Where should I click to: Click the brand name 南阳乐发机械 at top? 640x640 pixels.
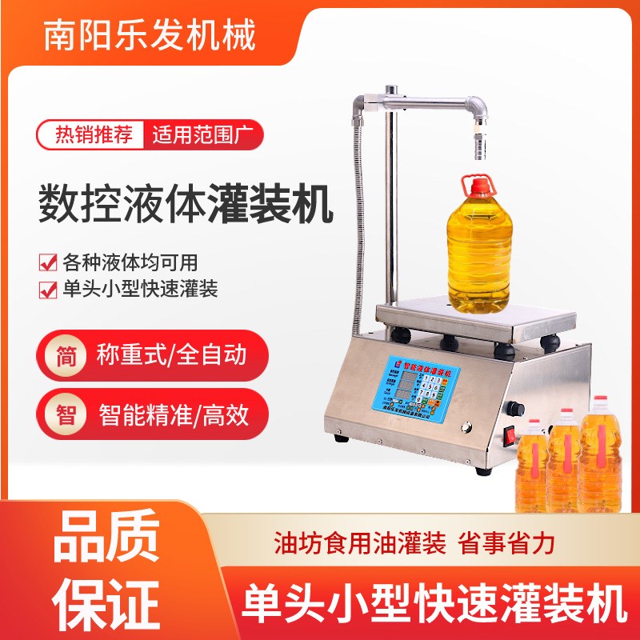pyautogui.click(x=151, y=36)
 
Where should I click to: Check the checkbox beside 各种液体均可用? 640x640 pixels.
pyautogui.click(x=48, y=262)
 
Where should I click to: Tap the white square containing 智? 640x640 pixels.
pyautogui.click(x=67, y=415)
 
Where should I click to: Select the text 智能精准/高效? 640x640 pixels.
pyautogui.click(x=174, y=415)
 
